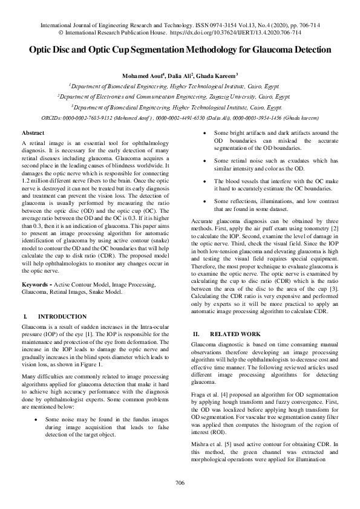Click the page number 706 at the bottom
pos(180,482)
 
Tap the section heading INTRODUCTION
pos(62,316)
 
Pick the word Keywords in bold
pos(34,284)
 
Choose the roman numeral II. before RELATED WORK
pos(195,334)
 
